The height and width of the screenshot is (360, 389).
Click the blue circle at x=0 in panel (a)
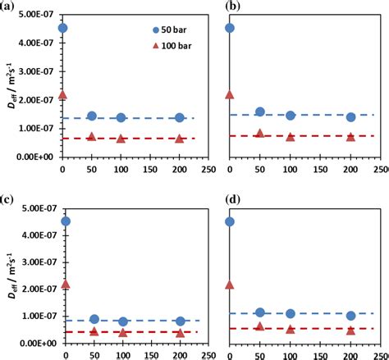click(63, 28)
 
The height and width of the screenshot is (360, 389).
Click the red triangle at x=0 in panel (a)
click(63, 95)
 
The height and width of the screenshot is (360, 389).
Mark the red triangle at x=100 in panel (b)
click(290, 136)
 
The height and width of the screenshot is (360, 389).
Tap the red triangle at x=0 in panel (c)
click(63, 285)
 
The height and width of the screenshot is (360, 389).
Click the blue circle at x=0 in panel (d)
click(230, 221)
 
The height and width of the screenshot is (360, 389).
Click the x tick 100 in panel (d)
click(290, 356)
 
